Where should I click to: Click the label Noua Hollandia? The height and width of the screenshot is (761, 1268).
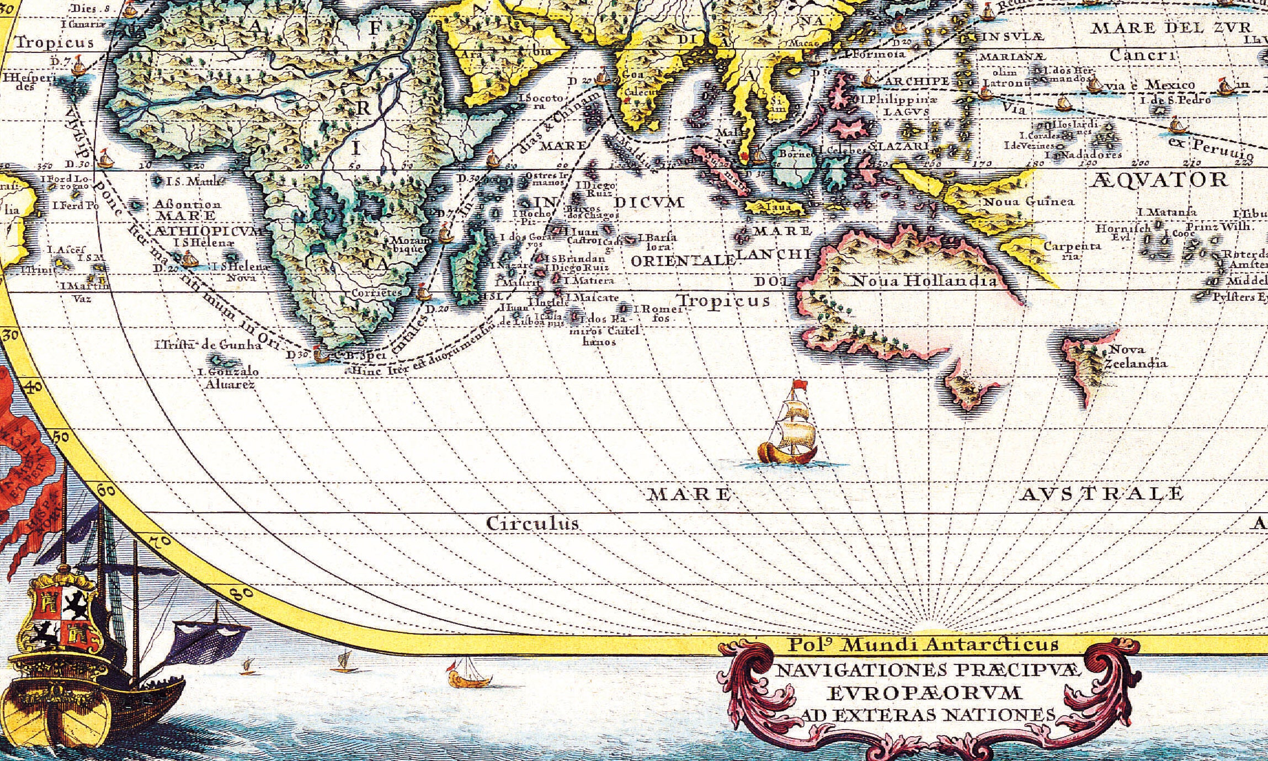point(925,281)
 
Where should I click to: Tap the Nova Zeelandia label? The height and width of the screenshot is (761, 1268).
point(1135,356)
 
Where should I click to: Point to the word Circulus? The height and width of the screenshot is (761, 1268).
point(532,523)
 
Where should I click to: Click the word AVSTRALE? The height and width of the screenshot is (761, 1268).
point(1100,493)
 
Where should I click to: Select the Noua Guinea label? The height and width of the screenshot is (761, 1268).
point(1029,202)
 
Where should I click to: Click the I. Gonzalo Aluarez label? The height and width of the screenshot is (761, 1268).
point(229,378)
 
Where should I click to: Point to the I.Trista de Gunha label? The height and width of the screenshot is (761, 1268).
point(208,345)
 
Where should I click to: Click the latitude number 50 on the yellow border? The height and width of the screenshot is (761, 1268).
point(61,438)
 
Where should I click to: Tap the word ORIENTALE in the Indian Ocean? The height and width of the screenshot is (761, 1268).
point(683,260)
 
